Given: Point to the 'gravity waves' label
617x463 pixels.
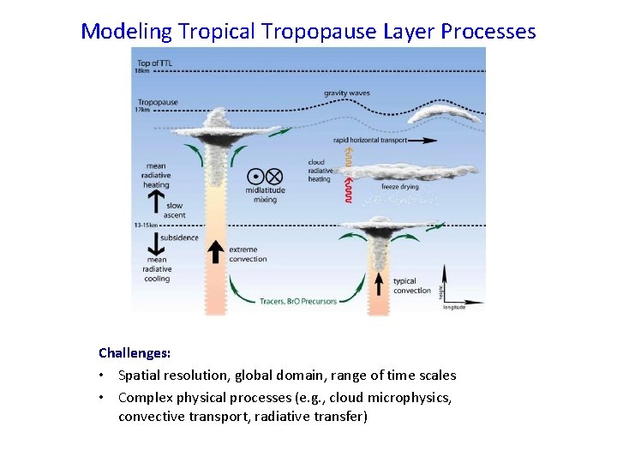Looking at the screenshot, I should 346,93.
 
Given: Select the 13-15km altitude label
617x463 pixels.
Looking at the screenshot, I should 145,225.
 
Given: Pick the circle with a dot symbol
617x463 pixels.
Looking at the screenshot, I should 253,176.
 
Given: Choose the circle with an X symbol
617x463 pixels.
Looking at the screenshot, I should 274,176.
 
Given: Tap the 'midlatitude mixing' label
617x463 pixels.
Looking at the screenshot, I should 261,195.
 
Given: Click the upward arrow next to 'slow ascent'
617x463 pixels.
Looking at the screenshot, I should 156,201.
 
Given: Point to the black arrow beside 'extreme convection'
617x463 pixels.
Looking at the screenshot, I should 215,253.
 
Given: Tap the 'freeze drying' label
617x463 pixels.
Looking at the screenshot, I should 400,186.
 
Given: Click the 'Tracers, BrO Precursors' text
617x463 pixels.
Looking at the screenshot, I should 298,301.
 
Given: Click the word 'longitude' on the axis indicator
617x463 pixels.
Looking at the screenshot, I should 454,307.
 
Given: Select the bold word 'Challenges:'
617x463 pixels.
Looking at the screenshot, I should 135,352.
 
